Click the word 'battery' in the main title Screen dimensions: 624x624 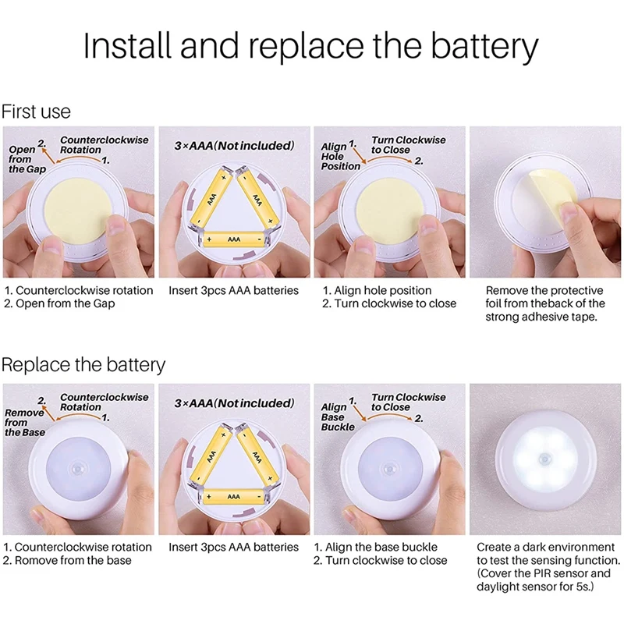coord(484,47)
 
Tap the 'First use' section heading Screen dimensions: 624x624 coord(36,112)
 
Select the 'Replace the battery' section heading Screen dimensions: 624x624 coord(83,365)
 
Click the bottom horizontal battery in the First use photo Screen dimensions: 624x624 coord(234,239)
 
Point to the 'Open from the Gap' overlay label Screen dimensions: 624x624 coord(27,159)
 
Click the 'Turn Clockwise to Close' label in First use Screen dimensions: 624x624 coord(408,145)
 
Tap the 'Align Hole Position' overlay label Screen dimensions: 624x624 coord(340,157)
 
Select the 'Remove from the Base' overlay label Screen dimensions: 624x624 coord(25,422)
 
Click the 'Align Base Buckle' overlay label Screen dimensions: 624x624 coord(338,417)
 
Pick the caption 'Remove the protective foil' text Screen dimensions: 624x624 coord(544,303)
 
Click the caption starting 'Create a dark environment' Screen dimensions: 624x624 coord(548,567)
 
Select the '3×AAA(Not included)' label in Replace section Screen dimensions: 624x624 coord(234,403)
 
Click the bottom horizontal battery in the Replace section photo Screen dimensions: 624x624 coord(234,497)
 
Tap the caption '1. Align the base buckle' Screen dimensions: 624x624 coord(376,548)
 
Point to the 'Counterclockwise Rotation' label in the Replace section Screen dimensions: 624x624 coord(104,402)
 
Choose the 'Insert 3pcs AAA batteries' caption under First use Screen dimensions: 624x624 coord(233,290)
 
